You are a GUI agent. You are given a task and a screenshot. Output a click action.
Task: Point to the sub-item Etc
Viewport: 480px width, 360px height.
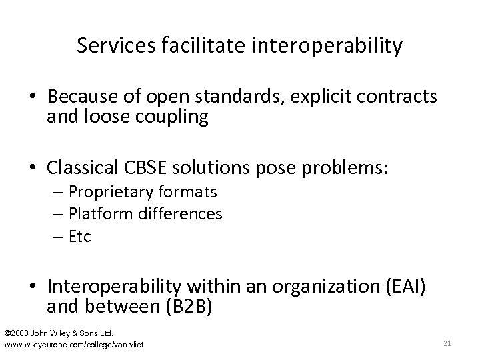click(x=80, y=236)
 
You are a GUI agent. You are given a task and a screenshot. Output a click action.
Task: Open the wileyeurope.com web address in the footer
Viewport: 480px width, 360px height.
click(x=73, y=343)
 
